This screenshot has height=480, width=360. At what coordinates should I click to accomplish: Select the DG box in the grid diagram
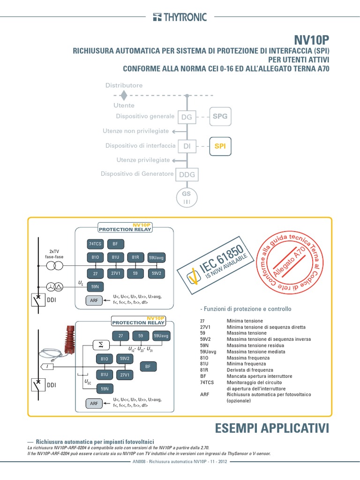coord(187,117)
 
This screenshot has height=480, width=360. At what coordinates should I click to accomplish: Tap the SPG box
coord(220,116)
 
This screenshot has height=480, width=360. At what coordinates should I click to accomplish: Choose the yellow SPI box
coord(220,146)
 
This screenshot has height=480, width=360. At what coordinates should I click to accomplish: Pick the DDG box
coord(187,175)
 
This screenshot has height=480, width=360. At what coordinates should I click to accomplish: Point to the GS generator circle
coord(187,197)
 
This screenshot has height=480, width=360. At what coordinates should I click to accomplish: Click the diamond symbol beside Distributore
coord(123,95)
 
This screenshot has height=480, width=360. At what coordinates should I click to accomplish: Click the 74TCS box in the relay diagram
coord(95,244)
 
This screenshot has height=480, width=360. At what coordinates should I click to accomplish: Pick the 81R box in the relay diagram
coord(135,257)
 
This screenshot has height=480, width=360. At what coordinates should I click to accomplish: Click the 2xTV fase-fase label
coord(53,255)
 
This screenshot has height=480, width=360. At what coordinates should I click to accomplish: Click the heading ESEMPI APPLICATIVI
coord(272,428)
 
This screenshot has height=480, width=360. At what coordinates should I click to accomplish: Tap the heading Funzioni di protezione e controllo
coord(246,309)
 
